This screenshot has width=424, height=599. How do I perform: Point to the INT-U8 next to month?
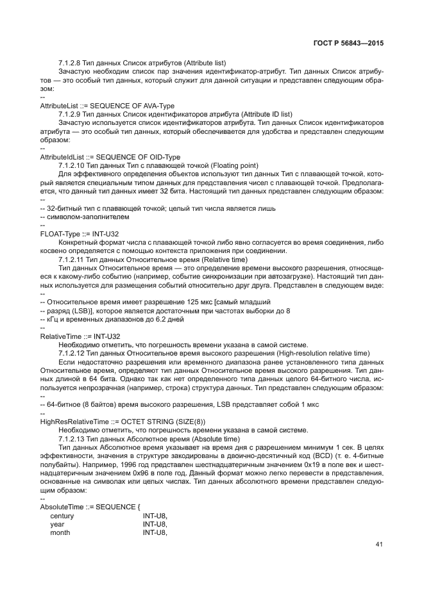click(155, 532)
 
